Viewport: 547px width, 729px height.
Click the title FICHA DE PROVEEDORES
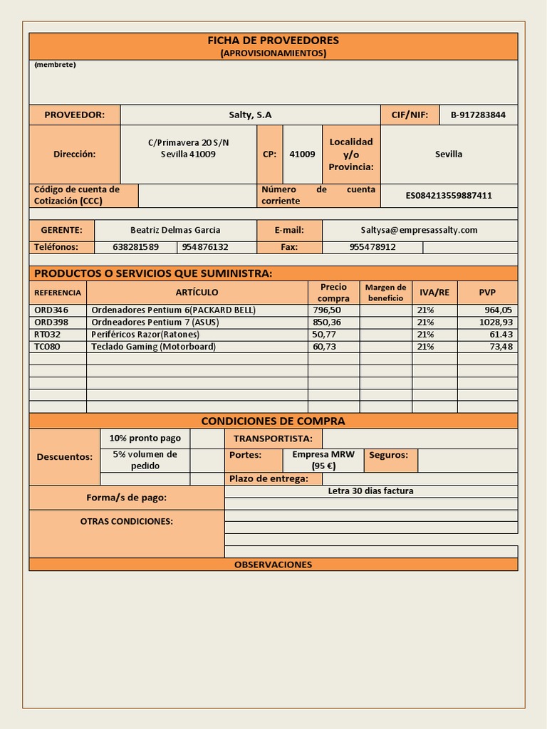click(273, 41)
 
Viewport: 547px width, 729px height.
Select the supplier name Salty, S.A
click(250, 115)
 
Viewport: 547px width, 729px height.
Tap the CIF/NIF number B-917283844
click(478, 115)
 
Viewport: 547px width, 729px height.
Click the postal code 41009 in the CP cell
click(302, 154)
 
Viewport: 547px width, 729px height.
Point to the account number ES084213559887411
click(449, 195)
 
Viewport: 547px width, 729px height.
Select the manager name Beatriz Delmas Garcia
click(175, 230)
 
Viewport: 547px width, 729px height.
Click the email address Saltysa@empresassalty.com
click(419, 230)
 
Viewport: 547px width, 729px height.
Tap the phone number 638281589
click(135, 247)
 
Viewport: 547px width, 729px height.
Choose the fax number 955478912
click(373, 247)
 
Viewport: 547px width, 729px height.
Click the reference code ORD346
click(51, 310)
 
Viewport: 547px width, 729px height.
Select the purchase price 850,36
click(327, 322)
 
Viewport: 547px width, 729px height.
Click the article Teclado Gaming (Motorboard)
click(153, 347)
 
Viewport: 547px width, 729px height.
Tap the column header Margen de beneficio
click(385, 293)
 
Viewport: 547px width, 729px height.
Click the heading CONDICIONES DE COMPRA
click(273, 421)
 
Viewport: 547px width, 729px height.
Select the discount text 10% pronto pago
click(145, 439)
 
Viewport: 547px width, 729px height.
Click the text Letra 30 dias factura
click(370, 491)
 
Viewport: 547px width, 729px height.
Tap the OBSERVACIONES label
click(273, 565)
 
